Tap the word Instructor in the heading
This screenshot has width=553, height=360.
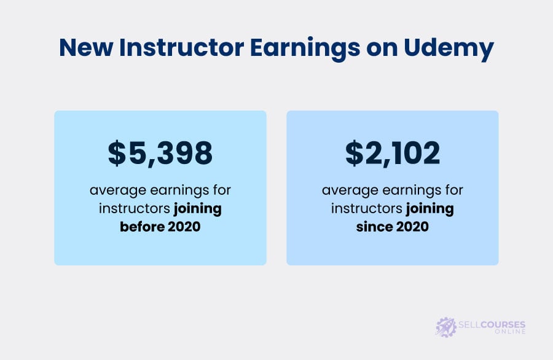(181, 47)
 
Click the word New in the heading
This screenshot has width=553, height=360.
(86, 47)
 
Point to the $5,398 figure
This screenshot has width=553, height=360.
(160, 153)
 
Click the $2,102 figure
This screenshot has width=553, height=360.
(393, 153)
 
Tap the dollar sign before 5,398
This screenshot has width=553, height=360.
(117, 153)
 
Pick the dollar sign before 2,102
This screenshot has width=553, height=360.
(354, 153)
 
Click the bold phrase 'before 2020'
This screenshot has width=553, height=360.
(160, 226)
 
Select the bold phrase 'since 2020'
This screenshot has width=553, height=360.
(392, 226)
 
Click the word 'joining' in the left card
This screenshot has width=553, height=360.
(197, 209)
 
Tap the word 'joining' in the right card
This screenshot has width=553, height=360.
(430, 209)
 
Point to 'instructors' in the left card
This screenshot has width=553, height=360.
(135, 208)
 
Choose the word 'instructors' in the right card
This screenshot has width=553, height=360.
(367, 208)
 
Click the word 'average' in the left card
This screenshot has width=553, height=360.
(118, 191)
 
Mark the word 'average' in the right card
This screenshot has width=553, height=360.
(350, 191)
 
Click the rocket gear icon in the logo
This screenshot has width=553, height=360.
(446, 327)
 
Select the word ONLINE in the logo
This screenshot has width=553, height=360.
(510, 332)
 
